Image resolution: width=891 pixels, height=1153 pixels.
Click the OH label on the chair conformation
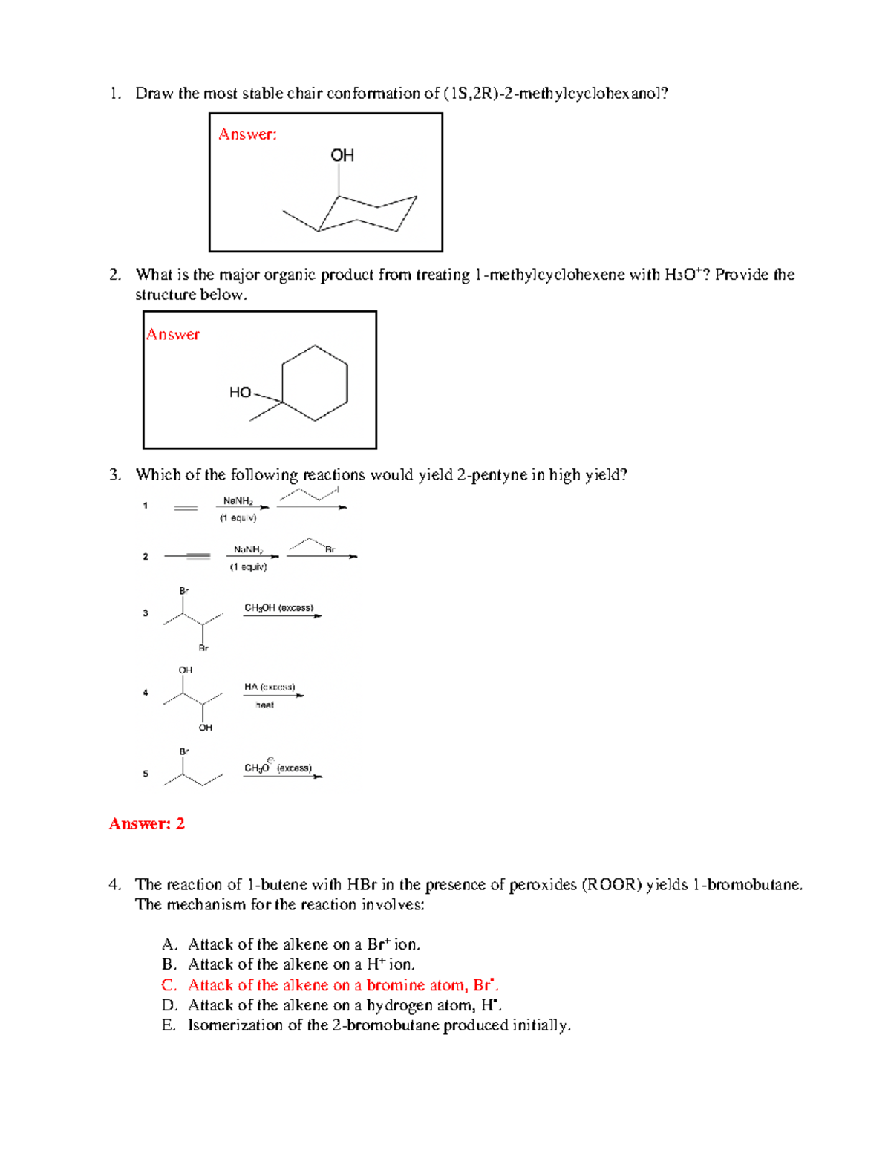tap(342, 155)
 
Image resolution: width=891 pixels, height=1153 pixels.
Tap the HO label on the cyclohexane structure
tap(240, 392)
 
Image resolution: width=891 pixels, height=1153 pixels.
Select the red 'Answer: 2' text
tap(146, 823)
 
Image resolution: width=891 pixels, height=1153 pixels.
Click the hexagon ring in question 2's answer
tap(315, 383)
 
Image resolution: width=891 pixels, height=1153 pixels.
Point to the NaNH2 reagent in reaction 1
tap(238, 501)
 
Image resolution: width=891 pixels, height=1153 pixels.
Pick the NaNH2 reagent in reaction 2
tap(248, 549)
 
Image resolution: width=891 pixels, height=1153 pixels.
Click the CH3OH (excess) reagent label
tap(278, 607)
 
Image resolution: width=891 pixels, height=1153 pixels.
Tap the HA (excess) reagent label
tap(270, 687)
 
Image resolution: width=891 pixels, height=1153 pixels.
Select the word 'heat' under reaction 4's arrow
tap(265, 705)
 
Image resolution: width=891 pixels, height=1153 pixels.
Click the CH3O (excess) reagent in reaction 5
tap(278, 768)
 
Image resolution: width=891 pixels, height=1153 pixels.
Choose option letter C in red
tap(169, 985)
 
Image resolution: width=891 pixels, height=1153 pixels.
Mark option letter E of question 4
tap(169, 1025)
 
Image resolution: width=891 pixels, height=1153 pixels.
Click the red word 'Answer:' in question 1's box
tap(247, 134)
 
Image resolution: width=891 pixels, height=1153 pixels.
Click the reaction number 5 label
tap(146, 774)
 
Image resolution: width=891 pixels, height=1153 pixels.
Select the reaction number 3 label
tap(146, 613)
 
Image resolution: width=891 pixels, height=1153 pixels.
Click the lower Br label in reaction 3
tap(203, 648)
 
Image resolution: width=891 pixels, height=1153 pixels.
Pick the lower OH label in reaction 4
tap(206, 728)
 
